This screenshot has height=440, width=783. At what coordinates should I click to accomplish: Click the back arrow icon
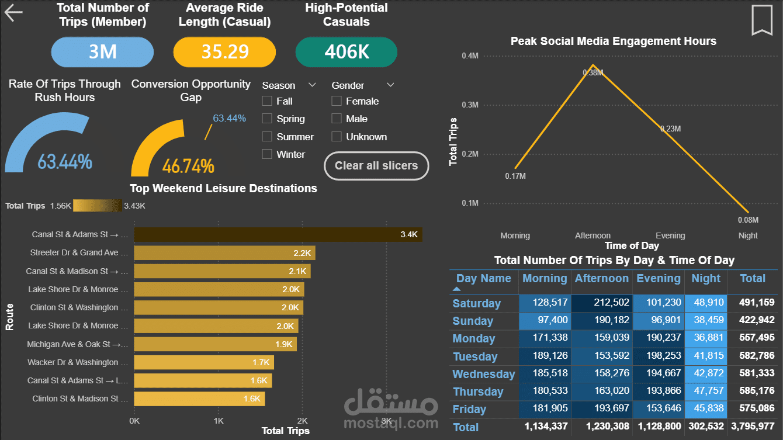[13, 13]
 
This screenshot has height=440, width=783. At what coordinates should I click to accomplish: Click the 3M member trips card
[103, 52]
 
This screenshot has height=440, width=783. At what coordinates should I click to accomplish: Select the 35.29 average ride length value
[225, 52]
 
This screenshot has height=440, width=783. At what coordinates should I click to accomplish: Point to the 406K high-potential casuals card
[347, 52]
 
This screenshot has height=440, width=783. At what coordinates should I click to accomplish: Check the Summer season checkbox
[267, 137]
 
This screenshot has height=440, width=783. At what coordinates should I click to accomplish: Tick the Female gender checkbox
[337, 101]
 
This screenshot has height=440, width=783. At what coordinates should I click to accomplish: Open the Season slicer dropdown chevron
[312, 85]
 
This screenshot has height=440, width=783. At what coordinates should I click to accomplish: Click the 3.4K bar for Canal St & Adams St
[278, 234]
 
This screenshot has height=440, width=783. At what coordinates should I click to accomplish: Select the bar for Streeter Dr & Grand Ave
[224, 253]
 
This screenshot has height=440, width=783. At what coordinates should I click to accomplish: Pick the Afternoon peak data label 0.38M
[593, 72]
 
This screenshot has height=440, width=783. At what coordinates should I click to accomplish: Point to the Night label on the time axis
[747, 235]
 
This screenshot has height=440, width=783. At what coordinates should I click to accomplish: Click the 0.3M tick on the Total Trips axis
[470, 105]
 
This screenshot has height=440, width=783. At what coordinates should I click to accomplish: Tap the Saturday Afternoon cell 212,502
[601, 303]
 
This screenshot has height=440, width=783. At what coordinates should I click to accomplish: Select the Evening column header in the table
[658, 279]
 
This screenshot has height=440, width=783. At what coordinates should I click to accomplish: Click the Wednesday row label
[484, 374]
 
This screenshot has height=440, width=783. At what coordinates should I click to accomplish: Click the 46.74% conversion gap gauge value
[188, 167]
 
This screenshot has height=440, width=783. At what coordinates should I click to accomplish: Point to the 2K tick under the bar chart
[302, 421]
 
